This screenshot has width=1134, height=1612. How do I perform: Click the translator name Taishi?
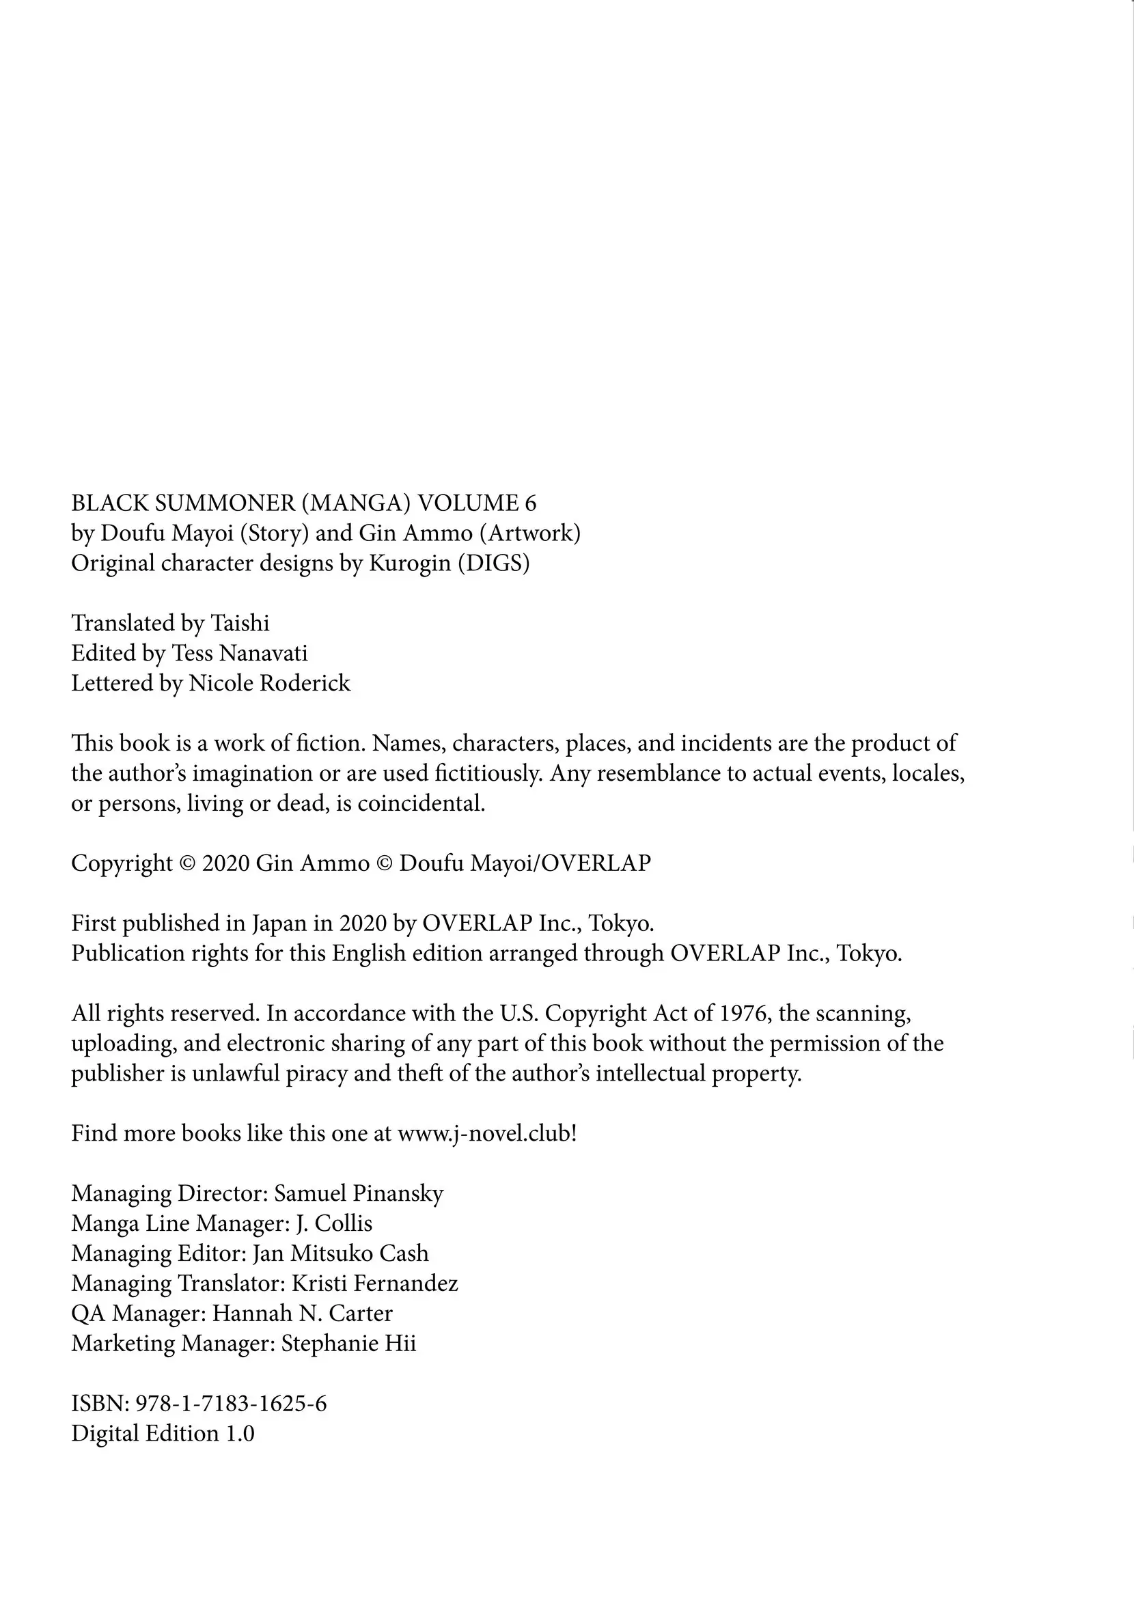[240, 623]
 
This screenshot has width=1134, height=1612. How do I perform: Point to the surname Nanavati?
[263, 653]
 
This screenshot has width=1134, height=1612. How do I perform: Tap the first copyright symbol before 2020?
[186, 863]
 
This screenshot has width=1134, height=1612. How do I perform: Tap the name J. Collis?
[334, 1224]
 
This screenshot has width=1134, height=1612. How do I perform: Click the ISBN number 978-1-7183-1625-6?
[230, 1404]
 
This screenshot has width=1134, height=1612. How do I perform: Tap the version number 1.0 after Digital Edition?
[240, 1433]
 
